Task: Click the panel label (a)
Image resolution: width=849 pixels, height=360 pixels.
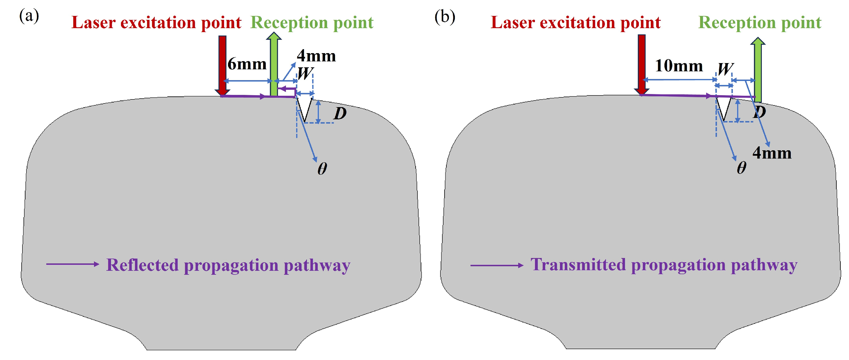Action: [x=29, y=16]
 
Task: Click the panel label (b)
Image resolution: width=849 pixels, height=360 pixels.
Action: [x=445, y=16]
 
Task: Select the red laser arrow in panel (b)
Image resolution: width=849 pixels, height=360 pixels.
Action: [x=641, y=63]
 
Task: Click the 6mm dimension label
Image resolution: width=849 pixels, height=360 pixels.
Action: [x=247, y=64]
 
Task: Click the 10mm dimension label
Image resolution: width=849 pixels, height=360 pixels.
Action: [x=679, y=66]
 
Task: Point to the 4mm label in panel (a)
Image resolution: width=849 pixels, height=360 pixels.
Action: [x=316, y=56]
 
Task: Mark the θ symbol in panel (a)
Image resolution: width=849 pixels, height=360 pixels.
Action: [x=322, y=169]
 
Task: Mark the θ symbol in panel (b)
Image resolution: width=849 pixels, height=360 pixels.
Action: [x=741, y=168]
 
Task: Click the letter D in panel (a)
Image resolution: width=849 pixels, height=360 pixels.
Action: [x=340, y=114]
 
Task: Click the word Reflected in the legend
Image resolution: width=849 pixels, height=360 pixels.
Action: [x=142, y=265]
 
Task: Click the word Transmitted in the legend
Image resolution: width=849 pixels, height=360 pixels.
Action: [x=578, y=265]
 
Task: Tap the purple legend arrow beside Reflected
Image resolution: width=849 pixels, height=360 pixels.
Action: [x=72, y=264]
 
